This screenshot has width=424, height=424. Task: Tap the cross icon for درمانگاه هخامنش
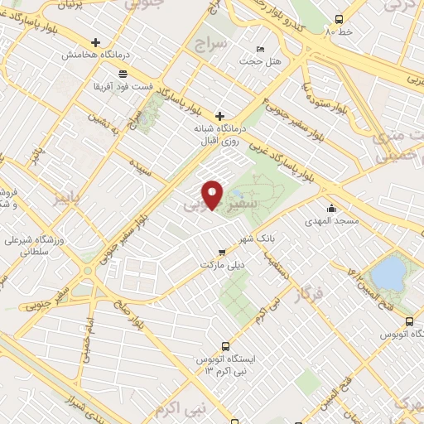pyautogui.click(x=97, y=43)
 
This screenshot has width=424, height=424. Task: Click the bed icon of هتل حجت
pyautogui.click(x=261, y=50)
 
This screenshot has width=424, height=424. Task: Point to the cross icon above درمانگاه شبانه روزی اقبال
pyautogui.click(x=219, y=116)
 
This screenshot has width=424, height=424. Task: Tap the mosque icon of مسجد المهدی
pyautogui.click(x=332, y=208)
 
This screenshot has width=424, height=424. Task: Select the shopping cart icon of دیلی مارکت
pyautogui.click(x=221, y=252)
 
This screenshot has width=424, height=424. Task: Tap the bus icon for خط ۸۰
pyautogui.click(x=339, y=20)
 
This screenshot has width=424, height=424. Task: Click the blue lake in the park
pyautogui.click(x=385, y=271)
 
